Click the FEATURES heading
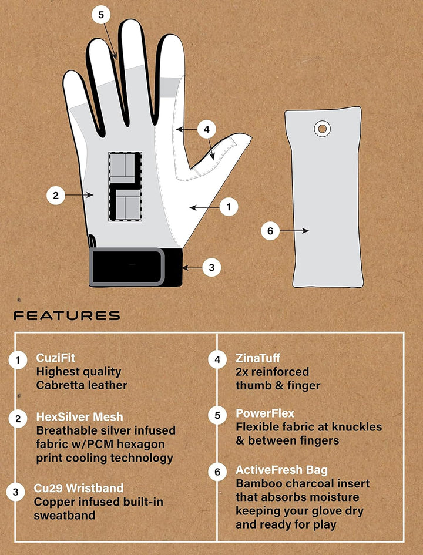pyautogui.click(x=67, y=315)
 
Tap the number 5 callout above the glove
pyautogui.click(x=101, y=15)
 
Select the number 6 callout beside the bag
pyautogui.click(x=270, y=231)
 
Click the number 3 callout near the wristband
pyautogui.click(x=211, y=268)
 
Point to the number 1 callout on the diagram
pyautogui.click(x=229, y=207)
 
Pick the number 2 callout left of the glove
pyautogui.click(x=56, y=196)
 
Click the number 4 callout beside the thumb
pyautogui.click(x=206, y=130)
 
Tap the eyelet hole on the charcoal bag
pyautogui.click(x=322, y=129)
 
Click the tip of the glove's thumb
pyautogui.click(x=251, y=136)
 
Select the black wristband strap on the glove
pyautogui.click(x=136, y=267)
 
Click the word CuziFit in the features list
pyautogui.click(x=56, y=358)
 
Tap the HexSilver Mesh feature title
pyautogui.click(x=80, y=416)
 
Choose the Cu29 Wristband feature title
pyautogui.click(x=79, y=488)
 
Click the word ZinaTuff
pyautogui.click(x=258, y=358)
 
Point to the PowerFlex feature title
pyautogui.click(x=265, y=413)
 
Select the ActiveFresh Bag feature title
pyautogui.click(x=281, y=470)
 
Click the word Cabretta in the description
pyautogui.click(x=59, y=385)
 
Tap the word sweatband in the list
pyautogui.click(x=65, y=516)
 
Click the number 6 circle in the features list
pyautogui.click(x=217, y=472)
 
